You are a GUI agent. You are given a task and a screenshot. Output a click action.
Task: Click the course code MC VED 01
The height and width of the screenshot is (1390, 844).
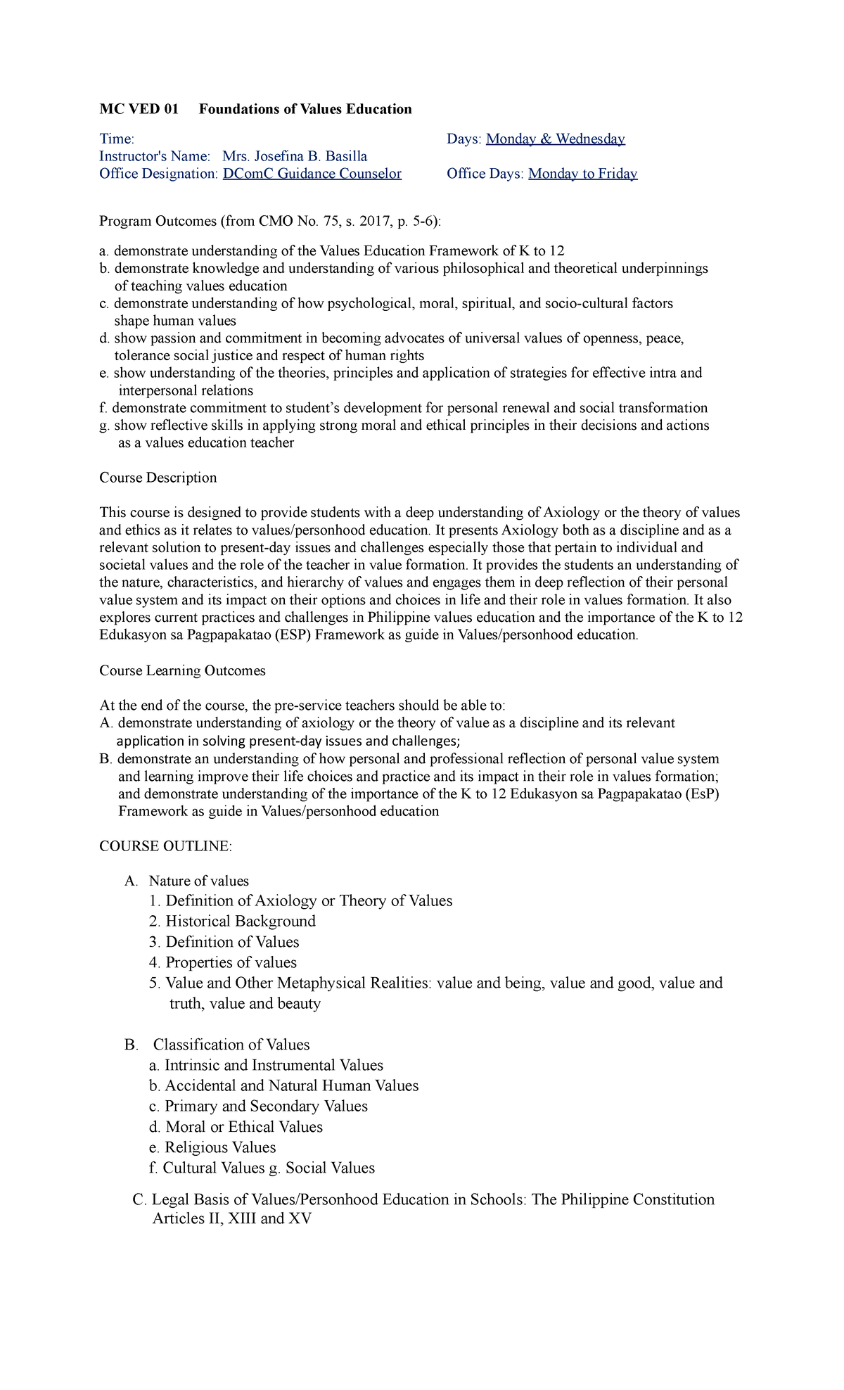click(x=139, y=109)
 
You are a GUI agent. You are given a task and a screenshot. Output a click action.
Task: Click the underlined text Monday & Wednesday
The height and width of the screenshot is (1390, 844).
click(x=555, y=139)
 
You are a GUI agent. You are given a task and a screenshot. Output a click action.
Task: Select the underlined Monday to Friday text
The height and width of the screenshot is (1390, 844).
click(x=582, y=174)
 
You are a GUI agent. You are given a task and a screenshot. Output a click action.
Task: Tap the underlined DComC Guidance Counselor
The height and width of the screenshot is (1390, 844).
click(x=312, y=174)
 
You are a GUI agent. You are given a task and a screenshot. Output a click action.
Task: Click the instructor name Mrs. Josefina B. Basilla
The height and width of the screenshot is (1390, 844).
click(x=294, y=156)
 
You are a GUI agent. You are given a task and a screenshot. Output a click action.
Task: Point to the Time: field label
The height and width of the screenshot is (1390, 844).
click(x=117, y=139)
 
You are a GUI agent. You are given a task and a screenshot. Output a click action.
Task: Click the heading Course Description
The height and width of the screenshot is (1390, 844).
click(x=158, y=478)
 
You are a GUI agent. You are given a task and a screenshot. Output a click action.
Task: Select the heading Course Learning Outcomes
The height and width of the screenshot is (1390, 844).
click(x=182, y=670)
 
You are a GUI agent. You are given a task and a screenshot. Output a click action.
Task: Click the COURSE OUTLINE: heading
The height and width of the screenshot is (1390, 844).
click(x=165, y=846)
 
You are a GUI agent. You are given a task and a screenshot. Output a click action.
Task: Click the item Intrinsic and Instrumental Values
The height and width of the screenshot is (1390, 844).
click(x=274, y=1065)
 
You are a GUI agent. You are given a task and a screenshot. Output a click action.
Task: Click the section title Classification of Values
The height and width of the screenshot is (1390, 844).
click(x=231, y=1045)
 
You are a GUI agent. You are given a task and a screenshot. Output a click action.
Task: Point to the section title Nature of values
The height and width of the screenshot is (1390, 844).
click(x=198, y=881)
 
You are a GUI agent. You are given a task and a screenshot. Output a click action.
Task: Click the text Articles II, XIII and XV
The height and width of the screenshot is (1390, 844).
click(x=231, y=1218)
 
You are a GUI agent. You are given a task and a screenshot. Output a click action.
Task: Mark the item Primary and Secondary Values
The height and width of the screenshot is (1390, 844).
click(x=266, y=1106)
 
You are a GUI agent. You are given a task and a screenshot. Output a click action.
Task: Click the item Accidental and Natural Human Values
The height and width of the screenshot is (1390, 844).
click(x=291, y=1085)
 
